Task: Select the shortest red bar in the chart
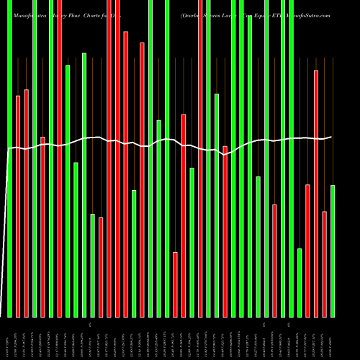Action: click(x=175, y=284)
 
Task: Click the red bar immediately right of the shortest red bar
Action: click(x=184, y=215)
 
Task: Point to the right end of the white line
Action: click(x=332, y=136)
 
